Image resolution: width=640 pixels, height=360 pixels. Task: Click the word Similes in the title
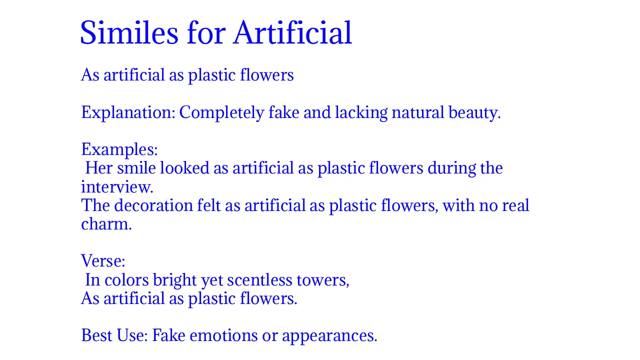coord(129,33)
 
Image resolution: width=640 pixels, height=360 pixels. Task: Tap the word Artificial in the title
coord(292,33)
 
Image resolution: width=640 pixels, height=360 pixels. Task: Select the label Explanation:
coord(128,112)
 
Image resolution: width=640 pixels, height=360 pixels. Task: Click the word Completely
coord(221,112)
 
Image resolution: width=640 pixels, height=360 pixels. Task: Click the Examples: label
coord(119,149)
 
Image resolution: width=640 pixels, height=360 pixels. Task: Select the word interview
coord(116,187)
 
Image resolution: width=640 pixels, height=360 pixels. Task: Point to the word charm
coord(106,224)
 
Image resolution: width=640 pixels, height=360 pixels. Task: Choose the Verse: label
coord(103,261)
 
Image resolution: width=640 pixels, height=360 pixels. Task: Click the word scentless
coord(259,280)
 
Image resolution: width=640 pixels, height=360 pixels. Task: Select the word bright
coord(174,280)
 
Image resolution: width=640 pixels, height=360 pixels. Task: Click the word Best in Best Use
coord(97,335)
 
